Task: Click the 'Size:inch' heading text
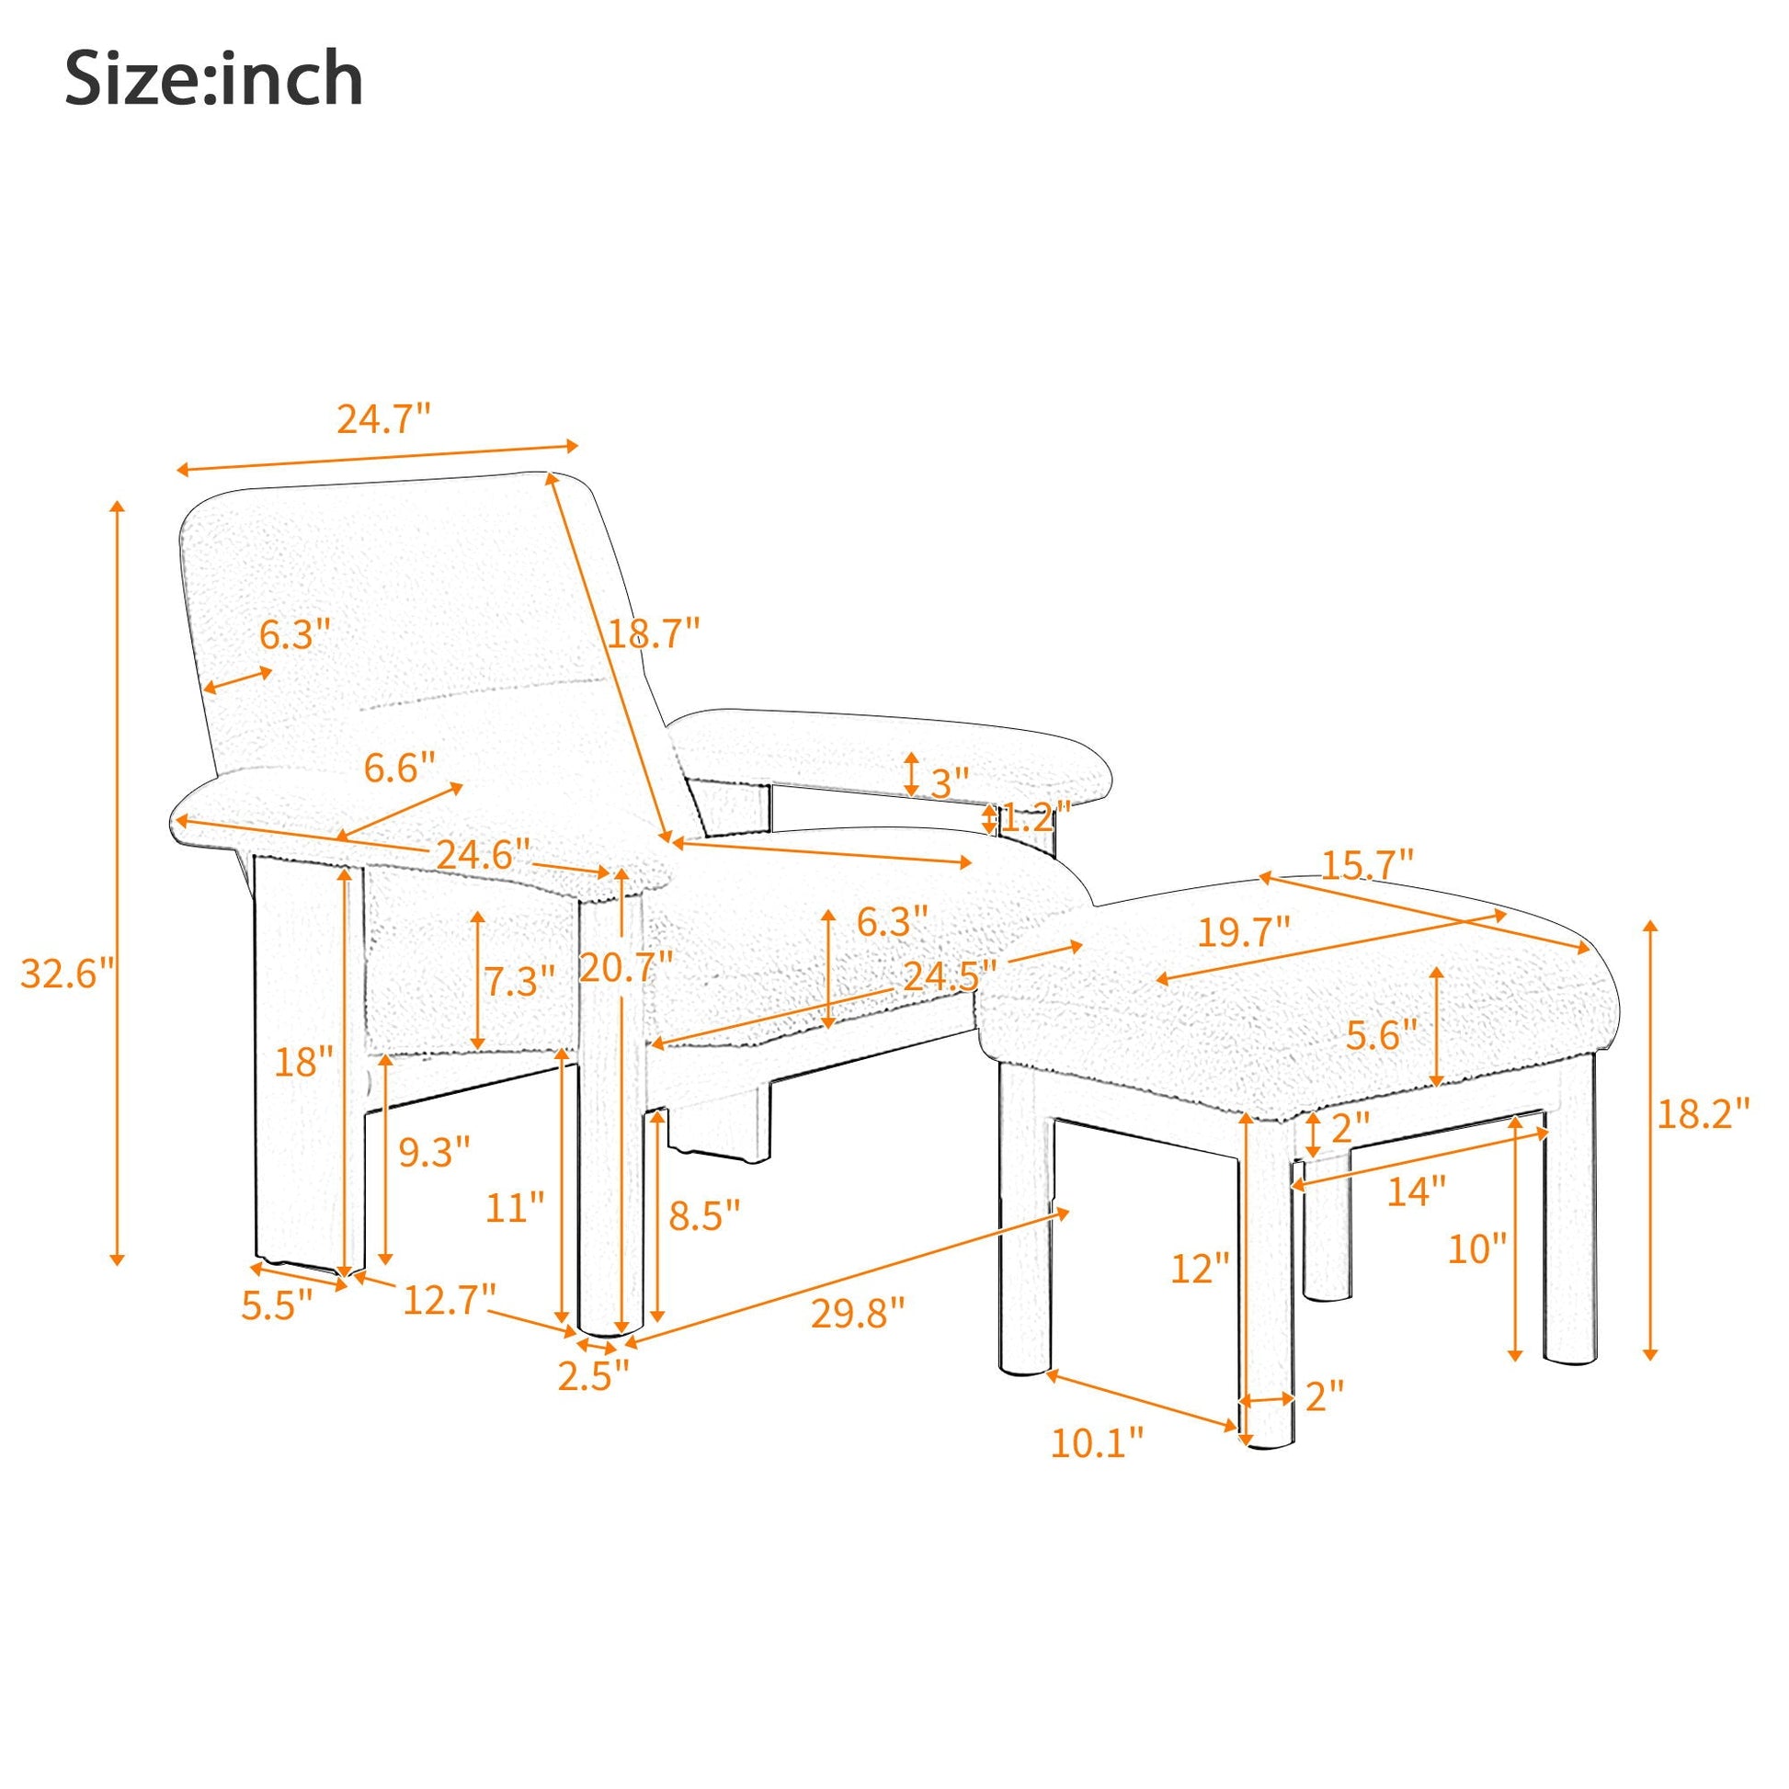[x=214, y=81]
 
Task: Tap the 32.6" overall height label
[x=68, y=974]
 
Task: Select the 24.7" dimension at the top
[x=383, y=419]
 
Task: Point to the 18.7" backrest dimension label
[x=653, y=634]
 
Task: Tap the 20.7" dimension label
[x=626, y=968]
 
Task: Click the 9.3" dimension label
[x=435, y=1153]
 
